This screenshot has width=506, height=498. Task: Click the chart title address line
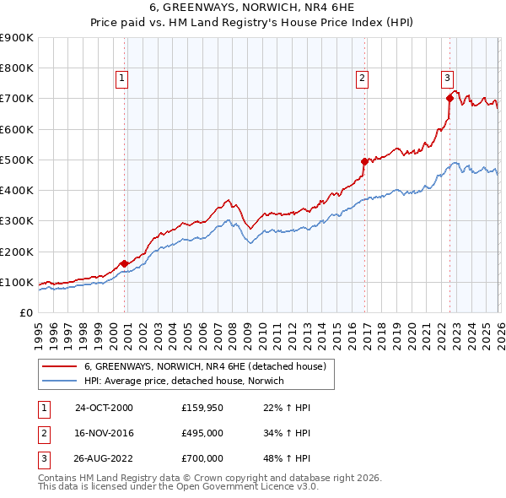click(x=254, y=6)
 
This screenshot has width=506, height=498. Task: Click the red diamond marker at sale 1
click(x=125, y=263)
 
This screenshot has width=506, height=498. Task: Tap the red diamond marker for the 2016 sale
click(x=364, y=161)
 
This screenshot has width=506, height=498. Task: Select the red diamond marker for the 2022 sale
click(x=449, y=99)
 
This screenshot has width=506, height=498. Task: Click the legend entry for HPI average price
click(x=184, y=381)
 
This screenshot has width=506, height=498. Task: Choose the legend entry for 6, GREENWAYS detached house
click(x=209, y=366)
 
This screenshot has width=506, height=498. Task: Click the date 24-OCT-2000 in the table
click(x=104, y=408)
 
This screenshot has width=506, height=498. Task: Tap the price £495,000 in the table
click(x=202, y=433)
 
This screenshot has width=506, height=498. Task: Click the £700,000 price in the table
click(x=202, y=458)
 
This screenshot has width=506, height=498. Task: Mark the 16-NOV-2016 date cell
click(x=104, y=433)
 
